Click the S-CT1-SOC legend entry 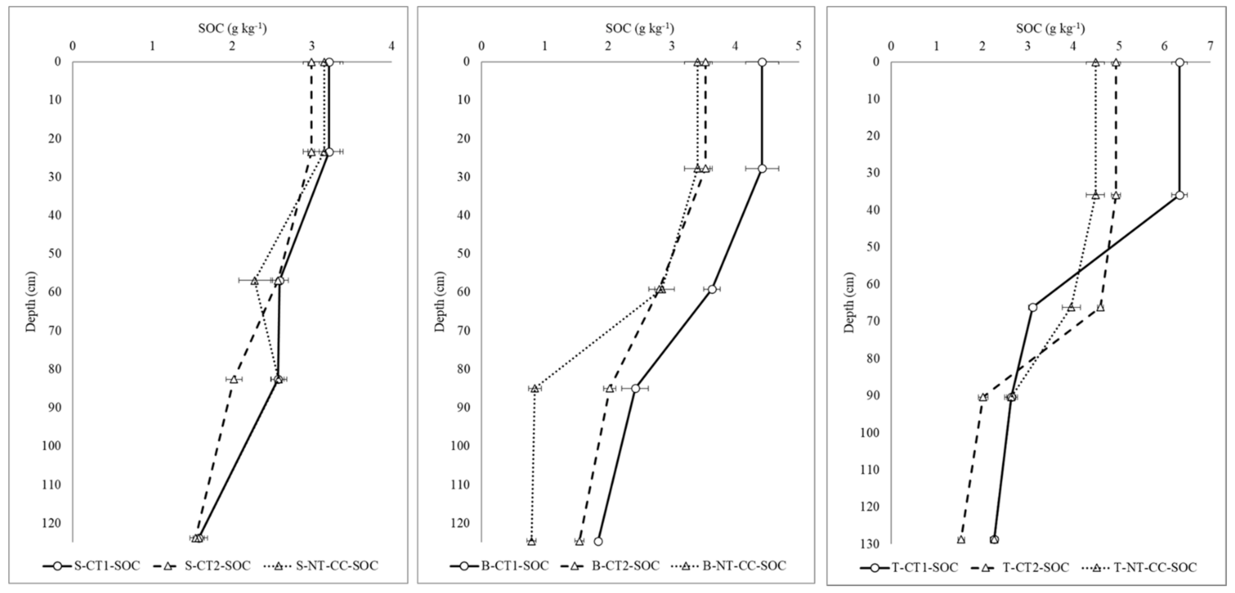click(91, 566)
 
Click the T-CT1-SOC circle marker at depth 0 click(1179, 63)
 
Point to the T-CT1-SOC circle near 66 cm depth click(1033, 307)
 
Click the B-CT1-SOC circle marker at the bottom click(598, 541)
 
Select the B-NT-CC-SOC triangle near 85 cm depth click(535, 388)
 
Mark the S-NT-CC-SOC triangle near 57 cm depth click(255, 281)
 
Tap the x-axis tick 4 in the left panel click(392, 46)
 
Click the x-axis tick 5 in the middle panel click(798, 46)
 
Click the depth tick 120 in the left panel click(51, 523)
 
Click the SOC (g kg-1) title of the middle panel click(639, 29)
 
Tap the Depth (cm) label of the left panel click(31, 301)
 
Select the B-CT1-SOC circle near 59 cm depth click(712, 289)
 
